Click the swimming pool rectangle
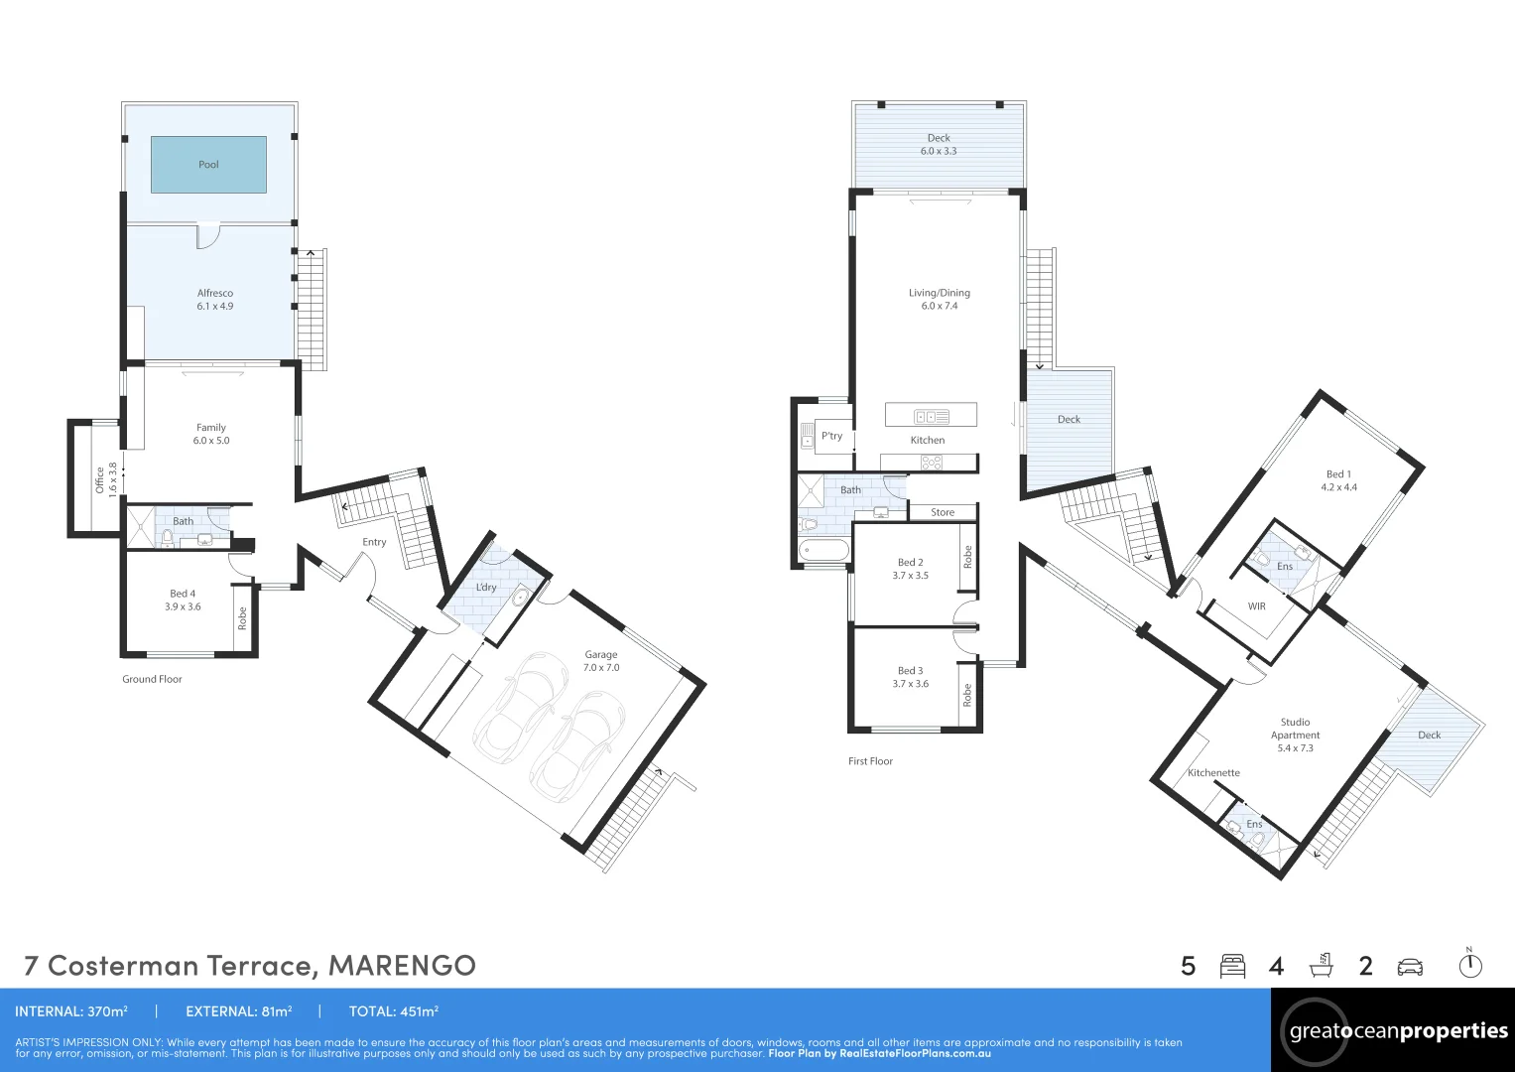pyautogui.click(x=208, y=165)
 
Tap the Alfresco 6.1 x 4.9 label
pyautogui.click(x=215, y=300)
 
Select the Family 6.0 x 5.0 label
pyautogui.click(x=210, y=434)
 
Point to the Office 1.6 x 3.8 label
pyautogui.click(x=105, y=478)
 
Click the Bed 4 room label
pyautogui.click(x=183, y=601)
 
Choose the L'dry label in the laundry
pyautogui.click(x=486, y=588)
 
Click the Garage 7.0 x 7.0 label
pyautogui.click(x=600, y=661)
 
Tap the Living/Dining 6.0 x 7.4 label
pyautogui.click(x=939, y=299)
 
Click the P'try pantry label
pyautogui.click(x=831, y=436)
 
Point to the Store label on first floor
pyautogui.click(x=943, y=513)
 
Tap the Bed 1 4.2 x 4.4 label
pyautogui.click(x=1338, y=480)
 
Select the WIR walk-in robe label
pyautogui.click(x=1256, y=606)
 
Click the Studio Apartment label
pyautogui.click(x=1295, y=735)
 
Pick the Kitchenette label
pyautogui.click(x=1213, y=773)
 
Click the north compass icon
pyautogui.click(x=1469, y=964)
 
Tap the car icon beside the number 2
pyautogui.click(x=1410, y=966)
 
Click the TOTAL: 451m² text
pyautogui.click(x=393, y=1011)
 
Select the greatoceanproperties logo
pyautogui.click(x=1397, y=1031)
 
